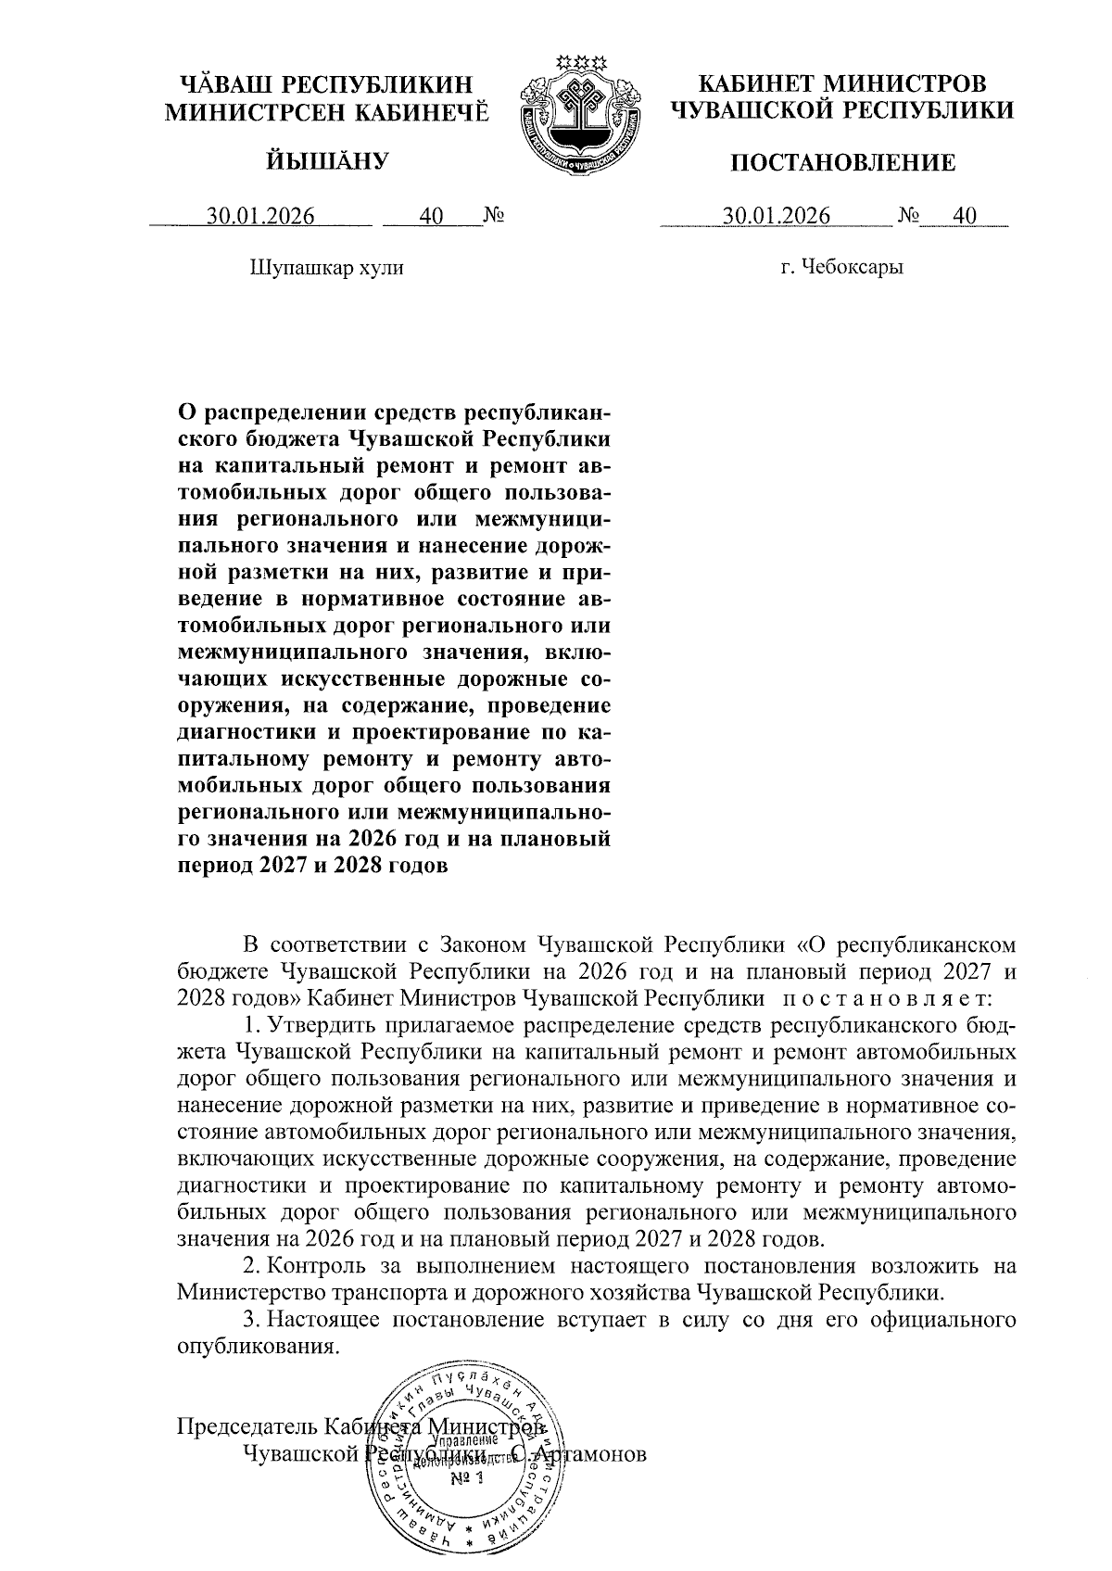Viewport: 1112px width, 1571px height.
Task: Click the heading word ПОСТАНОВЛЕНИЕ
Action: [x=842, y=164]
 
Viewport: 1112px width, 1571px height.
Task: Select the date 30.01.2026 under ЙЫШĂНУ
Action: [x=261, y=217]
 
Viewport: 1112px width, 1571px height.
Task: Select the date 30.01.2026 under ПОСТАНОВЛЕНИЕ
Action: [x=777, y=217]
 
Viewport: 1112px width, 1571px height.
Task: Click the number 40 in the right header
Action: [x=965, y=217]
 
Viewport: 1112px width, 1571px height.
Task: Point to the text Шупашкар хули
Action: [x=326, y=269]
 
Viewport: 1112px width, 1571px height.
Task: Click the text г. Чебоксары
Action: [x=841, y=269]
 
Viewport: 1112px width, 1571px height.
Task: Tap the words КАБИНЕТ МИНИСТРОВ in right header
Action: [x=841, y=83]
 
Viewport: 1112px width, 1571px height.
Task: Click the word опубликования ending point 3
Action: [x=254, y=1347]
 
